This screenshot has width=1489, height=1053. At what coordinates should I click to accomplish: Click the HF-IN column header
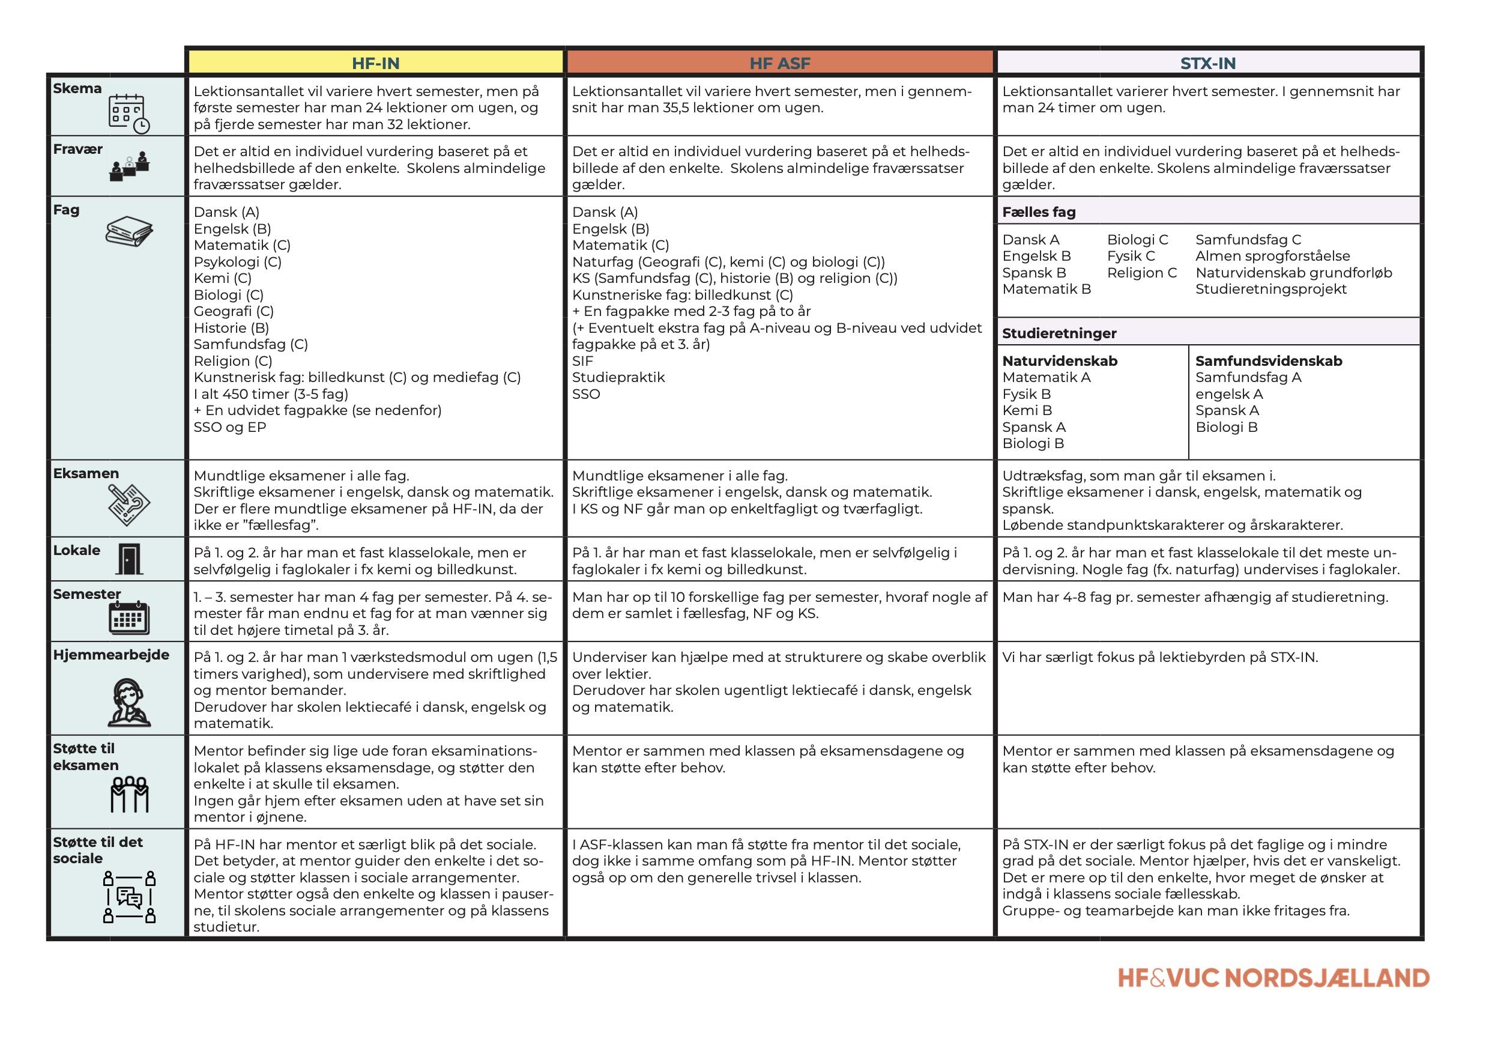(x=375, y=63)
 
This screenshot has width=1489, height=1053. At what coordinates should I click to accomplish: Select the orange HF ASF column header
(x=779, y=63)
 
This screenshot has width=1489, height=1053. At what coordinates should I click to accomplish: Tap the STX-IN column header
(x=1207, y=63)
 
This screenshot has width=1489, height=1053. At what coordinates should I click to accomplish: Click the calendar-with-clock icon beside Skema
(x=128, y=114)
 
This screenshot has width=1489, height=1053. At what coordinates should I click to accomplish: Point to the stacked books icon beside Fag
(x=129, y=232)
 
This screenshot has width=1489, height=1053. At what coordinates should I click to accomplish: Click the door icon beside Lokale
(x=129, y=559)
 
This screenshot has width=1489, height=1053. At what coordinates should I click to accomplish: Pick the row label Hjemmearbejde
(x=111, y=655)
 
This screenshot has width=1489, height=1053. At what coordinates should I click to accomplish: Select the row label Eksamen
(x=86, y=473)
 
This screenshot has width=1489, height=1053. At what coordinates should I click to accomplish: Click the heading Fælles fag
(x=1038, y=212)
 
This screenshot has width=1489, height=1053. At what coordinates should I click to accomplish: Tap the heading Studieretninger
(x=1059, y=333)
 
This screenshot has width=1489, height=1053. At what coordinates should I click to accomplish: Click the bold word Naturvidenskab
(x=1060, y=361)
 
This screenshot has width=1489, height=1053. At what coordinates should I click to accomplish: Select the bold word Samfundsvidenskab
(x=1269, y=361)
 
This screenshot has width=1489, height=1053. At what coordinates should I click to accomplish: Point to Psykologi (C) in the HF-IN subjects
(x=237, y=262)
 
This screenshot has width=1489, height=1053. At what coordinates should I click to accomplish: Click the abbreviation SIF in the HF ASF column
(x=582, y=362)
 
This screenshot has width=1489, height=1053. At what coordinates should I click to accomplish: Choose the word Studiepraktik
(x=618, y=378)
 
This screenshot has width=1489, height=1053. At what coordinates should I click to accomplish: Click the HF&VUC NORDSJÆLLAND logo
(x=1273, y=978)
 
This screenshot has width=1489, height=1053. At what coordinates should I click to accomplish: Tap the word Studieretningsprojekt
(x=1270, y=290)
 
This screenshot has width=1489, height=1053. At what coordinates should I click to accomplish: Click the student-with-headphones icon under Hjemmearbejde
(x=129, y=703)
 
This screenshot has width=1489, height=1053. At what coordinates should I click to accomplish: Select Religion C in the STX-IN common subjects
(x=1141, y=273)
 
